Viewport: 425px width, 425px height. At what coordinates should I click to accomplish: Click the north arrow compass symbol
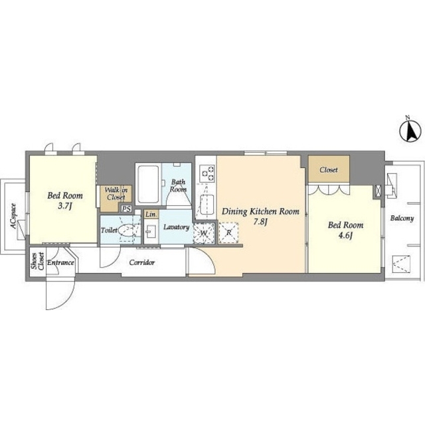point(410,131)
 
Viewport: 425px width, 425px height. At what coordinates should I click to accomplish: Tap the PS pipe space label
point(126,209)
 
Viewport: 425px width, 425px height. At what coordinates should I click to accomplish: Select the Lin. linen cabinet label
point(151,214)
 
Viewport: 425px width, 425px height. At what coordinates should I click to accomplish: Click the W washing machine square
point(204,233)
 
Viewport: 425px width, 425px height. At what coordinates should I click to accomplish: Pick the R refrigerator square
point(228,232)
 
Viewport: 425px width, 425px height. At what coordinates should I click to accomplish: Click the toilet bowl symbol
point(127,230)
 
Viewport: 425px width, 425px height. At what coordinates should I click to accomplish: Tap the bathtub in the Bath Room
point(148,184)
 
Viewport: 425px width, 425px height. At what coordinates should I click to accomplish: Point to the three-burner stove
point(207,173)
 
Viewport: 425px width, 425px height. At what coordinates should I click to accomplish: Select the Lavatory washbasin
point(150,232)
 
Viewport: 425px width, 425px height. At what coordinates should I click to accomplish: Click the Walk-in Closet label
point(116,193)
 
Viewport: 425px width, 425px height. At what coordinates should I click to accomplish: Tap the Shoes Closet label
point(37,261)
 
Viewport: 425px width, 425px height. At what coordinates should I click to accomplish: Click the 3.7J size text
point(65,207)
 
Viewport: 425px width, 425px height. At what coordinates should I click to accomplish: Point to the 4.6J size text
point(345,236)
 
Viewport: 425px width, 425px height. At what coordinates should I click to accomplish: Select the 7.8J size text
point(260,222)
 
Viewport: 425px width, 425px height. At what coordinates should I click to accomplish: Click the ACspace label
point(13,216)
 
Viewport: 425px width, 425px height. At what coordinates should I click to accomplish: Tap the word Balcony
point(402,218)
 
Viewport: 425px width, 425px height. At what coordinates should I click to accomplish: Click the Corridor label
point(142,262)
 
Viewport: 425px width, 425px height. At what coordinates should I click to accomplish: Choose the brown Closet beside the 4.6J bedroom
point(329,169)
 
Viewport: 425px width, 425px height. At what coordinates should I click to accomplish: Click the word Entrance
point(60,263)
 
